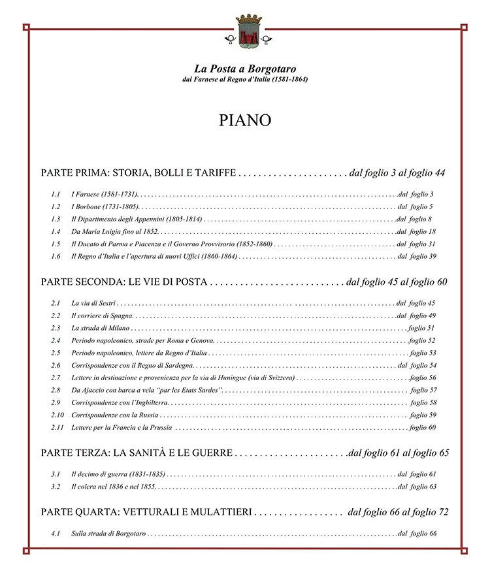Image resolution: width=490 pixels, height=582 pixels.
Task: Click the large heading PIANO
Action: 245,120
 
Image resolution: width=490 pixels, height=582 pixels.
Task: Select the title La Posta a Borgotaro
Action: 245,68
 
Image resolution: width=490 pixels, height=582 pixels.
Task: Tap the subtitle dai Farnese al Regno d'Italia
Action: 245,80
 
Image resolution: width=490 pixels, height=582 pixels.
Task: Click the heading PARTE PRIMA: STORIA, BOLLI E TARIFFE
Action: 138,173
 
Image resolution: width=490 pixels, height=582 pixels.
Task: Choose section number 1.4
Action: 56,232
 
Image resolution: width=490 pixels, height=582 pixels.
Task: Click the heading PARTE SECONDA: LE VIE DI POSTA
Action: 124,282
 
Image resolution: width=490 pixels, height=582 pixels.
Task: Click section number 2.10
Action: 57,415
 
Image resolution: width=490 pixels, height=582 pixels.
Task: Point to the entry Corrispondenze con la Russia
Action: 115,415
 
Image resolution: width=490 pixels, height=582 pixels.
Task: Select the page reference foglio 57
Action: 423,390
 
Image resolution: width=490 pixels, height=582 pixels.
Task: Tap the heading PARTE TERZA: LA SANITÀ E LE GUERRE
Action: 137,453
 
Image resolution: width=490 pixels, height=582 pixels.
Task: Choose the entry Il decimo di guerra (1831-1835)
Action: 118,474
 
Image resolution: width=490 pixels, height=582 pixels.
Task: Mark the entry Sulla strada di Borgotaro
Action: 108,534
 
